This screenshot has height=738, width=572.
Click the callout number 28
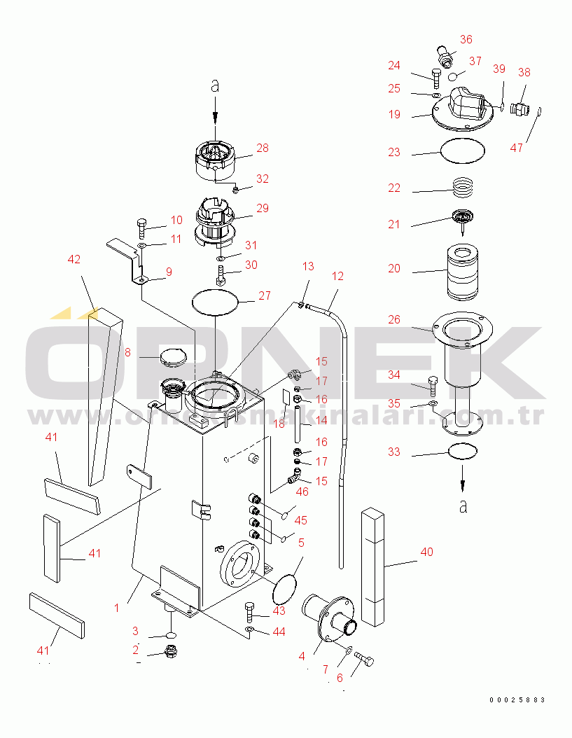pyautogui.click(x=263, y=148)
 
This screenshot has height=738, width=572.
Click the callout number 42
pyautogui.click(x=74, y=259)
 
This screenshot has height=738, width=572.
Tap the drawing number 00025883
pyautogui.click(x=517, y=699)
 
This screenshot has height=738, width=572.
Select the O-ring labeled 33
pyautogui.click(x=462, y=452)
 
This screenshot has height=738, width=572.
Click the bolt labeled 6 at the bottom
pyautogui.click(x=364, y=659)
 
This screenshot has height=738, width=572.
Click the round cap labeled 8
pyautogui.click(x=172, y=358)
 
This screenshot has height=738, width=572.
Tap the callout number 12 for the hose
pyautogui.click(x=338, y=276)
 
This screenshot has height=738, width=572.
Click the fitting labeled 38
pyautogui.click(x=520, y=108)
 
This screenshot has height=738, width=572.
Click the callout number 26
pyautogui.click(x=394, y=320)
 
